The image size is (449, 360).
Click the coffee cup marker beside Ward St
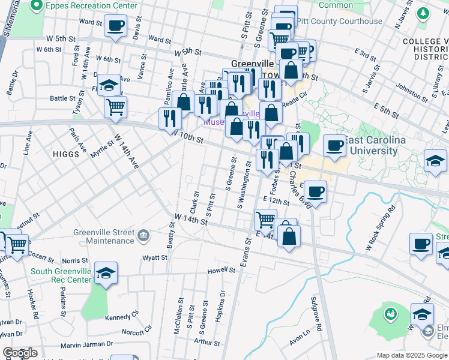pyautogui.click(x=115, y=26)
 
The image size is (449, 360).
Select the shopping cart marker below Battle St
pyautogui.click(x=115, y=107)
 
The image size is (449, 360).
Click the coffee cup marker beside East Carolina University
pyautogui.click(x=334, y=145)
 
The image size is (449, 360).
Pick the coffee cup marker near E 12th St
pyautogui.click(x=316, y=191)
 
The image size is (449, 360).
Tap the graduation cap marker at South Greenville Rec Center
pyautogui.click(x=106, y=273)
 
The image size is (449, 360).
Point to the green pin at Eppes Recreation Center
pyautogui.click(x=36, y=6)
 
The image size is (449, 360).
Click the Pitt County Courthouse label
pyautogui.click(x=343, y=22)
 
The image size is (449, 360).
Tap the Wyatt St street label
pyautogui.click(x=154, y=257)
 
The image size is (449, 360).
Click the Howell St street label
pyautogui.click(x=221, y=271)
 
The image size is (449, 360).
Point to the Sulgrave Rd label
pyautogui.click(x=316, y=314)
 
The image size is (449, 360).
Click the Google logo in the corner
pyautogui.click(x=20, y=353)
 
